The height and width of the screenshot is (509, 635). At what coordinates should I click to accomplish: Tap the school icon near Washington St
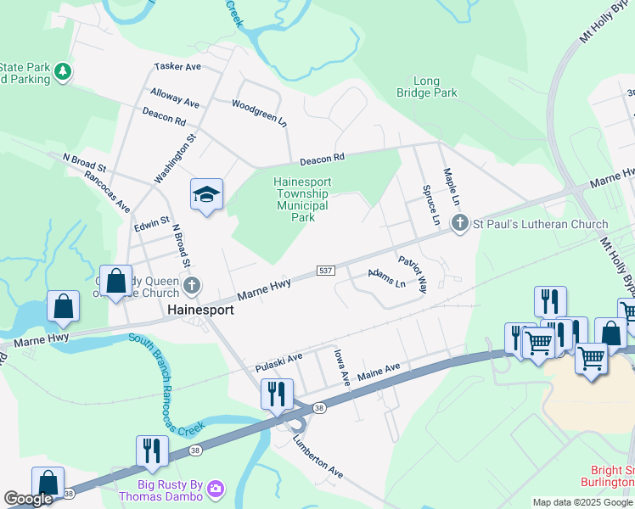pyautogui.click(x=206, y=195)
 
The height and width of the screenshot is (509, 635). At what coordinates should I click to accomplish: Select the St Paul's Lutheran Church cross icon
pyautogui.click(x=460, y=224)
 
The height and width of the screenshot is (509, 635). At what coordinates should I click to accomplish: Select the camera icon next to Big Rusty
pyautogui.click(x=216, y=488)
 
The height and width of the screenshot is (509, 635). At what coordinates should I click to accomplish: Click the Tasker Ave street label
pyautogui.click(x=177, y=66)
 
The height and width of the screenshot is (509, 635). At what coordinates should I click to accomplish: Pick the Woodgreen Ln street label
pyautogui.click(x=260, y=112)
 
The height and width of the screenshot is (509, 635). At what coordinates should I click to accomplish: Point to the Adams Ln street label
pyautogui.click(x=386, y=278)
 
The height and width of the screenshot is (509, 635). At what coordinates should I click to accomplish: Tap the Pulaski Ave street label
pyautogui.click(x=279, y=362)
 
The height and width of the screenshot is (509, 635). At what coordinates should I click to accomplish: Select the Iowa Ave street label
pyautogui.click(x=342, y=366)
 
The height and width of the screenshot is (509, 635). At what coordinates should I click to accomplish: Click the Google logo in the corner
pyautogui.click(x=28, y=500)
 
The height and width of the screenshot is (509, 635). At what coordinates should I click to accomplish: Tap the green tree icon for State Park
pyautogui.click(x=62, y=73)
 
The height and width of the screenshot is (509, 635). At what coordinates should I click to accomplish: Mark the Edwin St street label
pyautogui.click(x=152, y=224)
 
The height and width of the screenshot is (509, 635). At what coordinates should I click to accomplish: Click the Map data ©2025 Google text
pyautogui.click(x=582, y=502)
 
